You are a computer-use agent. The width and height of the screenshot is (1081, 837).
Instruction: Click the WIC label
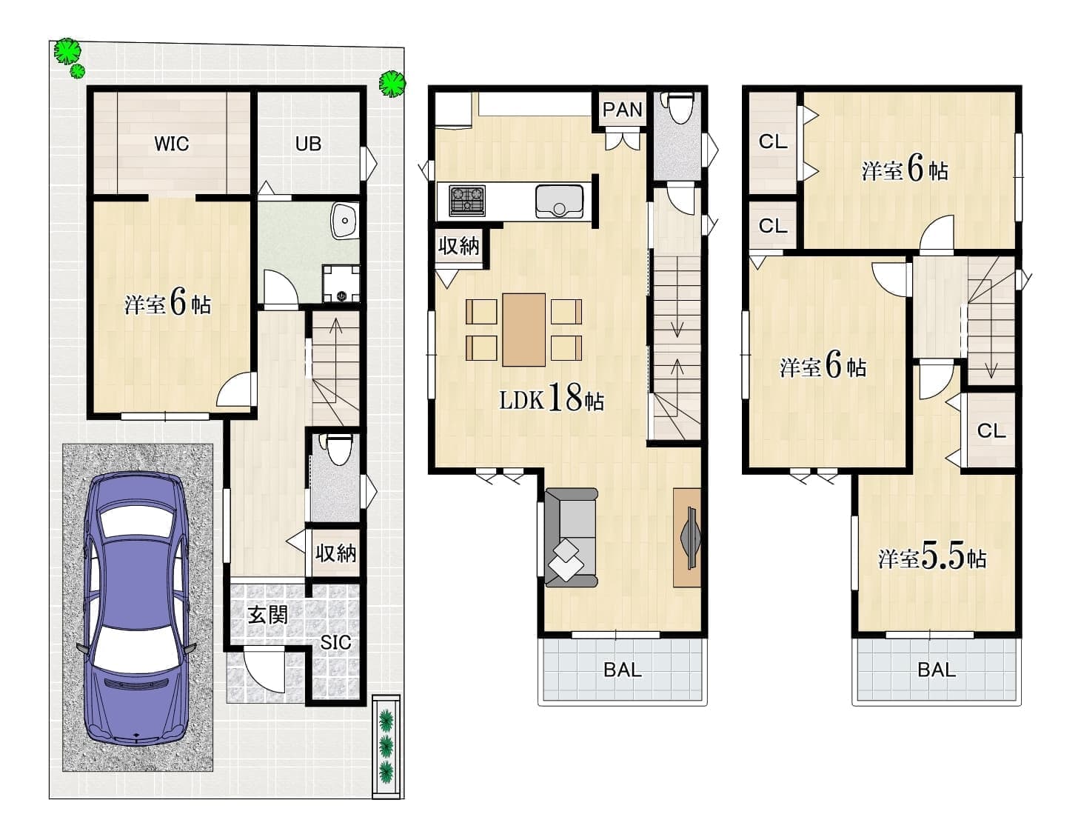(172, 144)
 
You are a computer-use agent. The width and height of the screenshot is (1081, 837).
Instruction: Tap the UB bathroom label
(309, 144)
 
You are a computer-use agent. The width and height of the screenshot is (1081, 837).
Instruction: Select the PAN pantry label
(623, 110)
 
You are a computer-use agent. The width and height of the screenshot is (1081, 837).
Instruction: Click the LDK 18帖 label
(552, 398)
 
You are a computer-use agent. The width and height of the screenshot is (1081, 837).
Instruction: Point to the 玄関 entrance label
(268, 616)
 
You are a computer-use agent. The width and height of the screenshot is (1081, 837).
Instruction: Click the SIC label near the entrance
(336, 642)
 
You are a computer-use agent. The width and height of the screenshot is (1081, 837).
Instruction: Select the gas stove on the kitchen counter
(467, 201)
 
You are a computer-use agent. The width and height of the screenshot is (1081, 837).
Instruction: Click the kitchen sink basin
(559, 201)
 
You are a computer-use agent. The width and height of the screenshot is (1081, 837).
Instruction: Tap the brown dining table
(523, 330)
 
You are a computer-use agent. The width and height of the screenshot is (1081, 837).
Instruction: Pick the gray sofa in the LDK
(571, 537)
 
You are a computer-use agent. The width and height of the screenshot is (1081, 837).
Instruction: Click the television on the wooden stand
(690, 538)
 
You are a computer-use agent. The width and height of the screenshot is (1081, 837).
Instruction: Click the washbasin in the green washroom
(345, 221)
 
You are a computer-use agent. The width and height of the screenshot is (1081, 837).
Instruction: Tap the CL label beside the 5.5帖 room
(991, 430)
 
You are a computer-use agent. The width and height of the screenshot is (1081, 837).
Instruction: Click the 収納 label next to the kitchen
(458, 246)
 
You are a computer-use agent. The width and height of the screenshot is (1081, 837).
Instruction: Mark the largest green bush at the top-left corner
(67, 51)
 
